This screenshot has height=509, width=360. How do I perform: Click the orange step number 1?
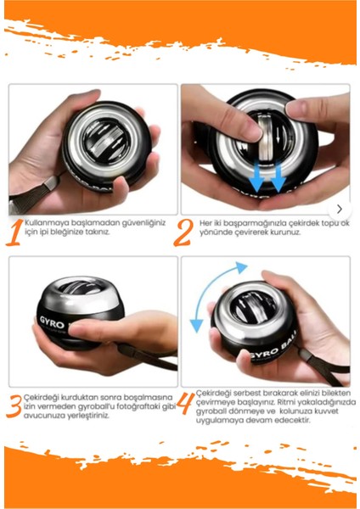tap(14, 232)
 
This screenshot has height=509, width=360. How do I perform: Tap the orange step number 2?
tap(184, 232)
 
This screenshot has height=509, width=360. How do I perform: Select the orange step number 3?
tap(14, 406)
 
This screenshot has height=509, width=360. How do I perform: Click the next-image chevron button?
tap(340, 209)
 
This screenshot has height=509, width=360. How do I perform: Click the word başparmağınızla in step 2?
tap(250, 224)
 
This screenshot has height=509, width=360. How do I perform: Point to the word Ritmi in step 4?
tap(285, 402)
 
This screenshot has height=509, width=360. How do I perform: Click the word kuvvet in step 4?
tap(327, 411)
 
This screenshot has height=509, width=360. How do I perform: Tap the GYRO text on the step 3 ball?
tap(52, 323)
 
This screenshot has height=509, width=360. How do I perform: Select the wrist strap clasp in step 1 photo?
tap(51, 183)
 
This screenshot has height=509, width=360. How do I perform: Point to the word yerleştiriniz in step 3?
tap(88, 416)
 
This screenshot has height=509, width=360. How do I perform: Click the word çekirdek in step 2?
tap(292, 223)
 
